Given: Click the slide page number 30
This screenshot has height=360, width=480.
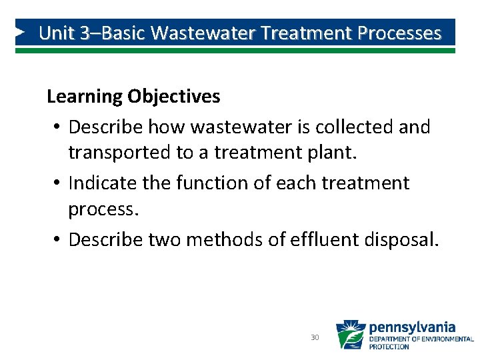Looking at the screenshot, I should point(315,338).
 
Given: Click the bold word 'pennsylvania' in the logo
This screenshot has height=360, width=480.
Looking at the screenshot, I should point(412,327).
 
